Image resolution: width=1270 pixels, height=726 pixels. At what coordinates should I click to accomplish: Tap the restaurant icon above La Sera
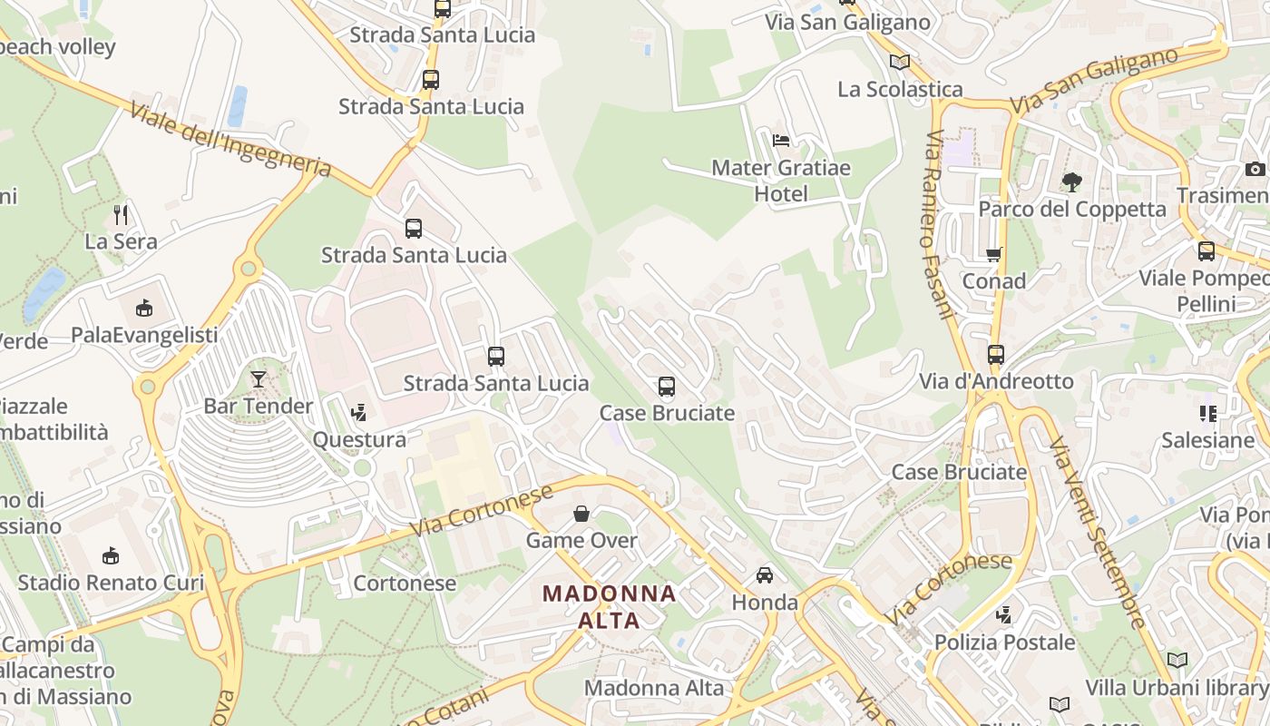pos(121,215)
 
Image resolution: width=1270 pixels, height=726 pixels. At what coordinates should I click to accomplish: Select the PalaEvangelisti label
pos(144,335)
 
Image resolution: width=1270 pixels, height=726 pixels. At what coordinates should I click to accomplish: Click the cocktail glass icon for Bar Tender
pos(259,379)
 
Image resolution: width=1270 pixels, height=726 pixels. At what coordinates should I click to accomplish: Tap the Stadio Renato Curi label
pos(111,582)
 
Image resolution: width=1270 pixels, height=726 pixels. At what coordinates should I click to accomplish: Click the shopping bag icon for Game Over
pos(581,514)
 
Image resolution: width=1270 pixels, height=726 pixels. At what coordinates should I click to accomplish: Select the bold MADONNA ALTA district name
pos(609,607)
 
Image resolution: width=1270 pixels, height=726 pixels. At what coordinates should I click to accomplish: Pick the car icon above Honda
pos(765,575)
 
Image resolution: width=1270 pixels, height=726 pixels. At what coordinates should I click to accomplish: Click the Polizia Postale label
pos(1004,643)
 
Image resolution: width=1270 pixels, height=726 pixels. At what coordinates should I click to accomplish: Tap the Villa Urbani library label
pos(1177,687)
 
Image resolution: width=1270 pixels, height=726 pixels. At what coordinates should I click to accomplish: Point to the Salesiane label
pos(1207,440)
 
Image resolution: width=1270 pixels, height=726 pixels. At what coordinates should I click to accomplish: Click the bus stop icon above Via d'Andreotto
pos(996,355)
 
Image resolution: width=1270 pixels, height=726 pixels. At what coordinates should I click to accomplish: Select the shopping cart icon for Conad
pos(994,255)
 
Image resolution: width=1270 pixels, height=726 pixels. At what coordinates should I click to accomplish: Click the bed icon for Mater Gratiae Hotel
pos(780,141)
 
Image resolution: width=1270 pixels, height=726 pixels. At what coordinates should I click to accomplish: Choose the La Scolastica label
pos(900,89)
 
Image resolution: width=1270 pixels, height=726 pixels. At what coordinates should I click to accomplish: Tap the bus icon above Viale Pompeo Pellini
pos(1206,251)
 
